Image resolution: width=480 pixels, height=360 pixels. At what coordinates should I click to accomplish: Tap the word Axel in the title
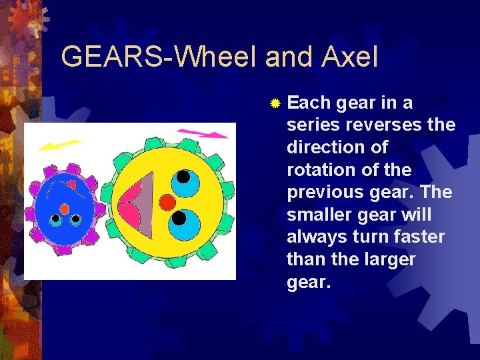pos(351,57)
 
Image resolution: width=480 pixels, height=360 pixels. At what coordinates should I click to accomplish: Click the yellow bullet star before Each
pos(275,103)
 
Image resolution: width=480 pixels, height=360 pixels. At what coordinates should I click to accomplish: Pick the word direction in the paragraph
pos(323,147)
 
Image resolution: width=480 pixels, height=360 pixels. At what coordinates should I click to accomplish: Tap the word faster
pos(420,237)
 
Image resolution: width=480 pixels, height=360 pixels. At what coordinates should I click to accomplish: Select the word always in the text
pos(317,237)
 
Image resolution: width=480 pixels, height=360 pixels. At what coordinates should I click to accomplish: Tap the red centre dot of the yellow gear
pos(168,201)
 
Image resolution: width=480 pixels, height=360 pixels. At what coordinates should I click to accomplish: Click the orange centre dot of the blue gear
pos(65,209)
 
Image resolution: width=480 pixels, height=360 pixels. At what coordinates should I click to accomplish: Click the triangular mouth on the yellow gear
pos(139,201)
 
